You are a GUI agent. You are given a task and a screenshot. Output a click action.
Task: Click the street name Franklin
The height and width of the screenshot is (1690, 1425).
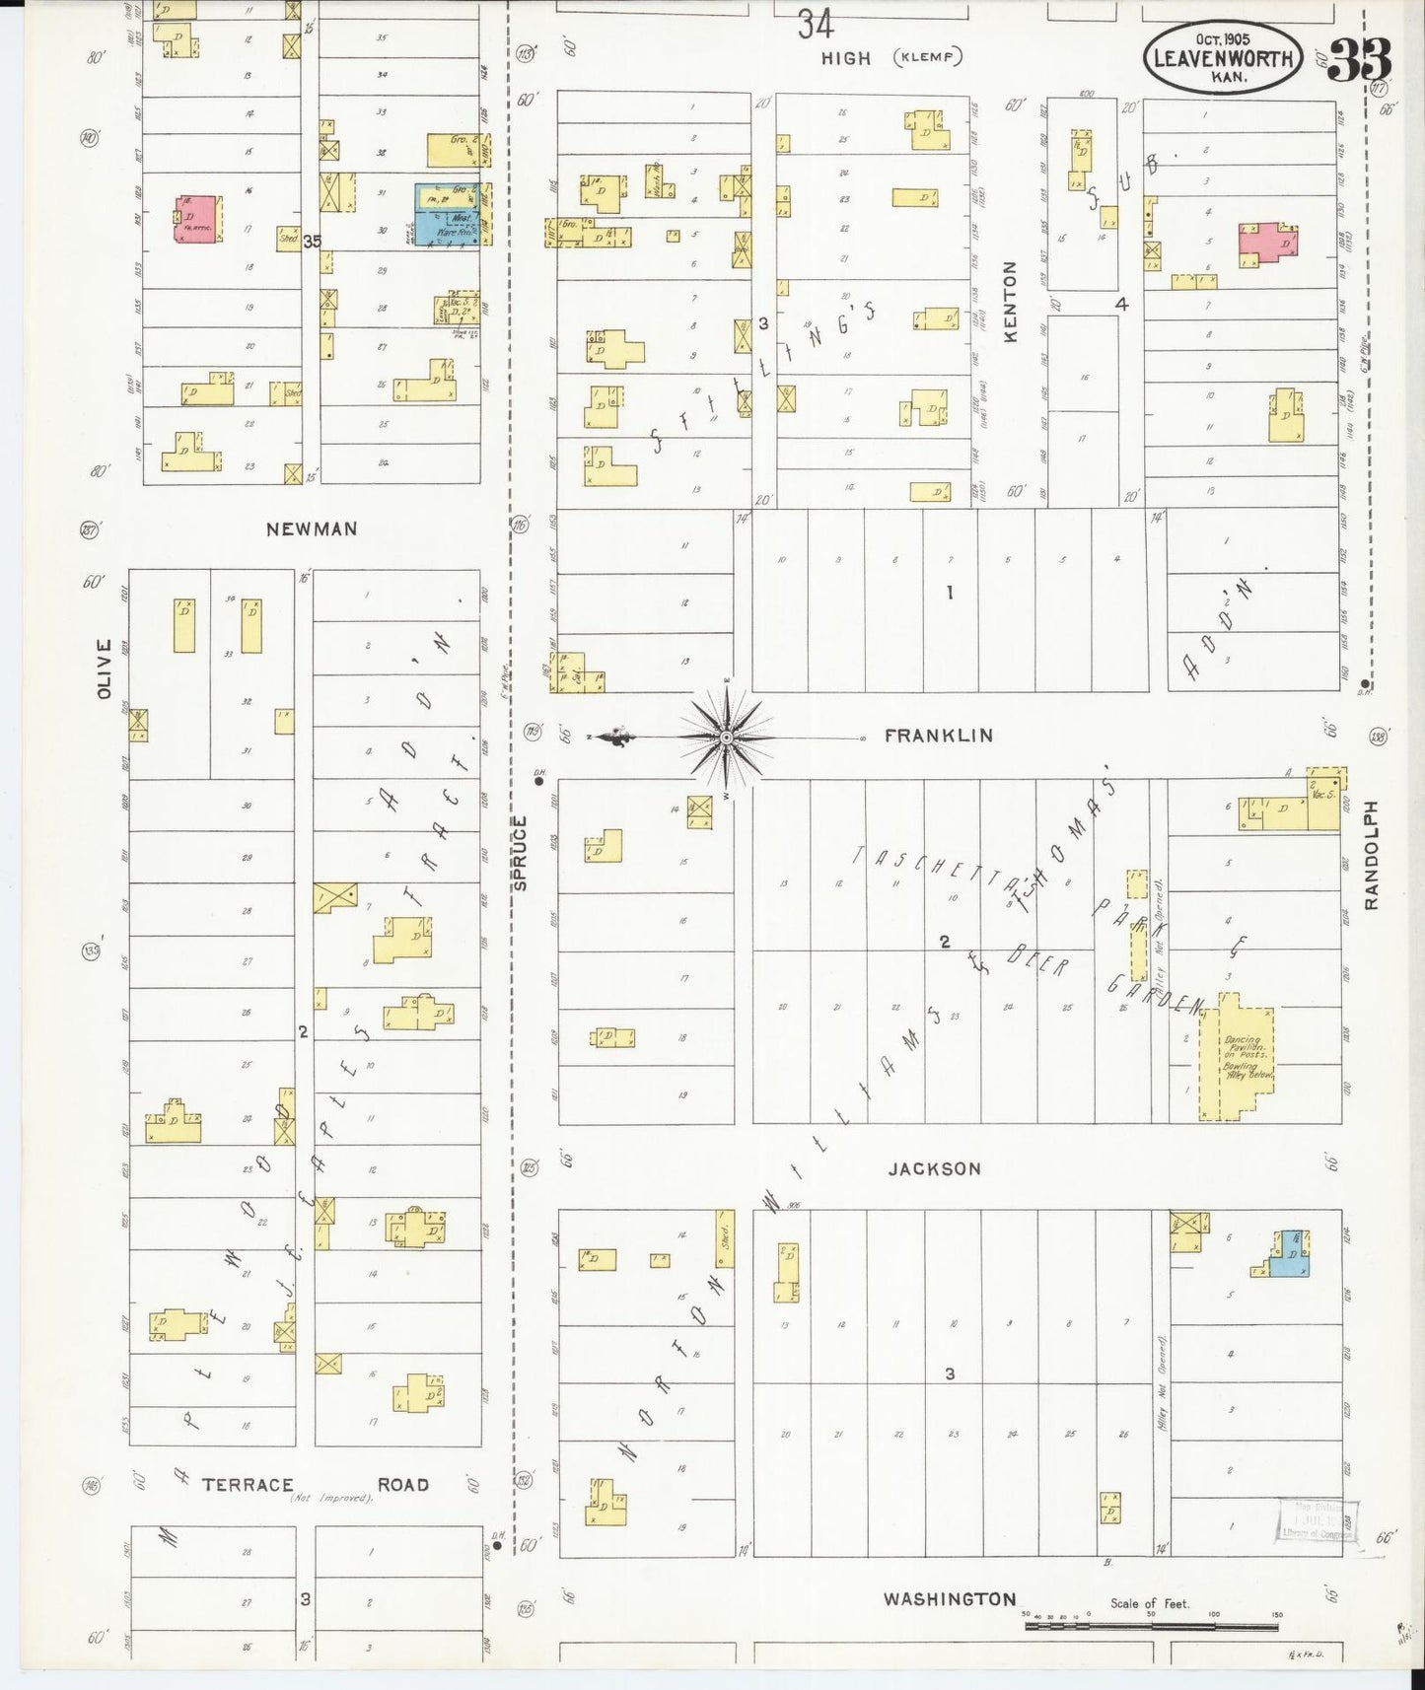pos(938,736)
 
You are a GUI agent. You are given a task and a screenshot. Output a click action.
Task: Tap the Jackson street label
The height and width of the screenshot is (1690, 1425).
pos(934,1169)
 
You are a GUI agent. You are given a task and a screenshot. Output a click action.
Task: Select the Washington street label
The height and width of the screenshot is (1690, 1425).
pos(949,1598)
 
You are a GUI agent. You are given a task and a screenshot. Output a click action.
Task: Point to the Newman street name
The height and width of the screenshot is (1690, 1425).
pos(312,529)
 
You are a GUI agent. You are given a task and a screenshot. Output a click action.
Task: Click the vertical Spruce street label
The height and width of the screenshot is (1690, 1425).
pos(521,853)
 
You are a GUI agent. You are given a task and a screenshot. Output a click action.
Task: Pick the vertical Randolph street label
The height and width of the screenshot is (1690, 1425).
pos(1371,855)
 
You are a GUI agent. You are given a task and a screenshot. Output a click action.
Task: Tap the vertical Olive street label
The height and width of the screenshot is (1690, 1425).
pos(106,669)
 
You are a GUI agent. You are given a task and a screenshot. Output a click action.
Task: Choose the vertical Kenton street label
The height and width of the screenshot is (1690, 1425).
pos(1010,302)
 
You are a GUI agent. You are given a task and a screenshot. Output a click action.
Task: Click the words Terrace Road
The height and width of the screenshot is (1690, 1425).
pos(316,1485)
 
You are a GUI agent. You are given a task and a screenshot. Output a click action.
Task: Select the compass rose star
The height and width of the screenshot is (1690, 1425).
pos(727,738)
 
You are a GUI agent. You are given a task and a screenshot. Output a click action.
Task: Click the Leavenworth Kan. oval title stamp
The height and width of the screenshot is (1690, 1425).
pos(1223,57)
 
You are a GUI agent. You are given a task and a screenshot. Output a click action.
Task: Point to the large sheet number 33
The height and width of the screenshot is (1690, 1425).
pos(1360,59)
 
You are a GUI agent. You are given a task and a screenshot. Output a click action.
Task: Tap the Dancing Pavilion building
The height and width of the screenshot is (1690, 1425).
pos(1239,1060)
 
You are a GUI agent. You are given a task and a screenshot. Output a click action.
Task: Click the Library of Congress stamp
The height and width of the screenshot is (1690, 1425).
pos(1318,1519)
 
